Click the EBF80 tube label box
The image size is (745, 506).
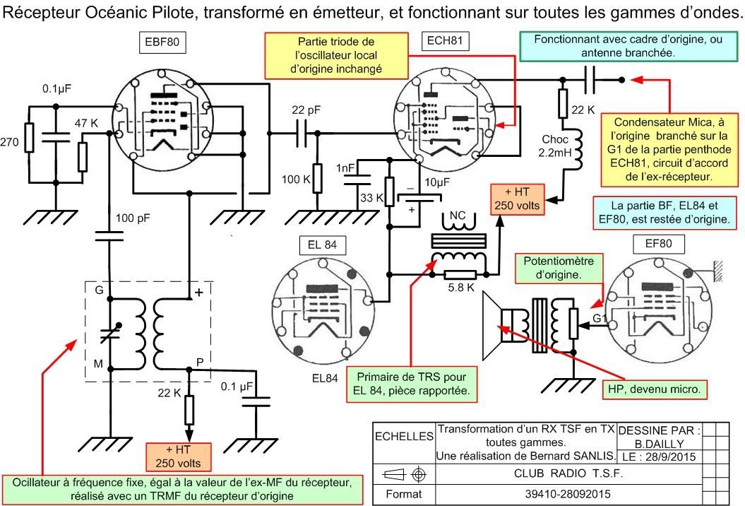pos(162,43)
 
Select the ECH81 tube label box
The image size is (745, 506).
pos(445,41)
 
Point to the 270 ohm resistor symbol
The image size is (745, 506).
pos(29,137)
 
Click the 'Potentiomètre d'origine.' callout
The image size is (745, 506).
pos(558,267)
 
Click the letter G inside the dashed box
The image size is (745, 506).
pos(99,291)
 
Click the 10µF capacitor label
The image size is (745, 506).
pos(437,182)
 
